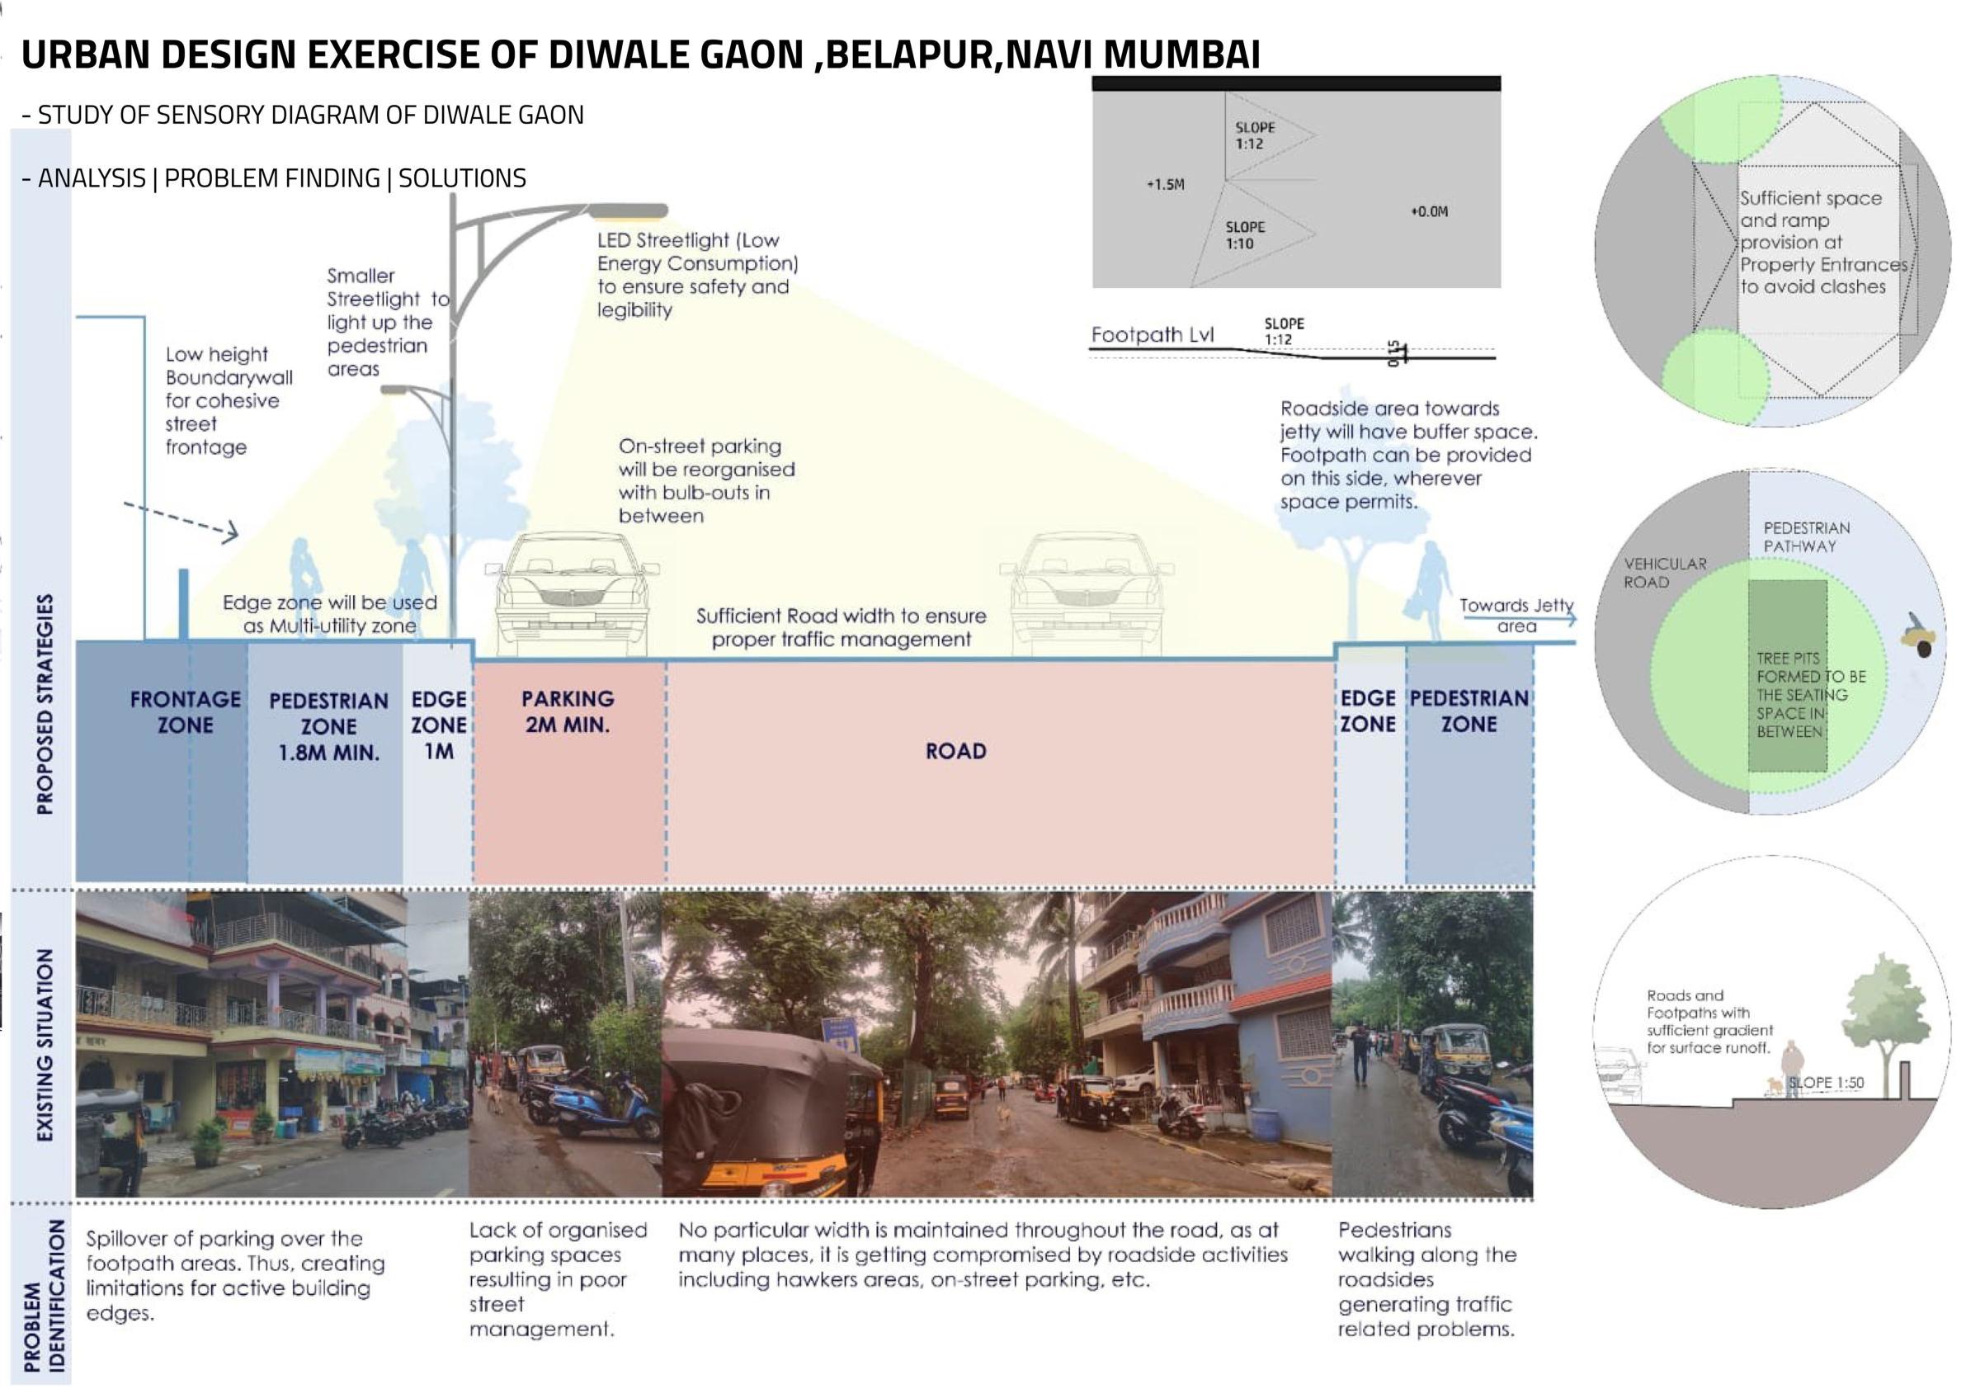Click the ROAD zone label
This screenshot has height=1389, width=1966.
point(955,751)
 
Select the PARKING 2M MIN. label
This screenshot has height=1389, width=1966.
point(567,711)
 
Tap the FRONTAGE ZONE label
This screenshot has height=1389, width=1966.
point(185,711)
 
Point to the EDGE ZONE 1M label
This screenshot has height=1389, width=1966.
point(438,725)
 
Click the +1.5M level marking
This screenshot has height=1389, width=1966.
point(1165,184)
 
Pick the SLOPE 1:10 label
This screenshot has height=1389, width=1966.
point(1244,235)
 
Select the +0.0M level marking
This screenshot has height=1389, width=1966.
point(1429,211)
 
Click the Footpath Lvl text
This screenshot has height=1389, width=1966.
point(1152,335)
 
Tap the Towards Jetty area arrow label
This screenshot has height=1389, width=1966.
point(1516,616)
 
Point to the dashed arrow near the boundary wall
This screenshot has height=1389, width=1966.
point(182,521)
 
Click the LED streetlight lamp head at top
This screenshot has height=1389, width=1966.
point(628,210)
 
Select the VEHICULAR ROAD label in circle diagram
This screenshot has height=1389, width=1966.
point(1665,573)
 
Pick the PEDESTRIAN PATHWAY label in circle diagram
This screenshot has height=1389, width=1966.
point(1806,537)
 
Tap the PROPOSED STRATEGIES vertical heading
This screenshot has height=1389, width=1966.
point(45,703)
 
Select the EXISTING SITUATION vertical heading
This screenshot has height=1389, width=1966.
point(45,1044)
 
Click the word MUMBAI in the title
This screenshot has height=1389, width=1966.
point(1181,54)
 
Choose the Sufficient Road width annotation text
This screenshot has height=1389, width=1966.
point(841,627)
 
